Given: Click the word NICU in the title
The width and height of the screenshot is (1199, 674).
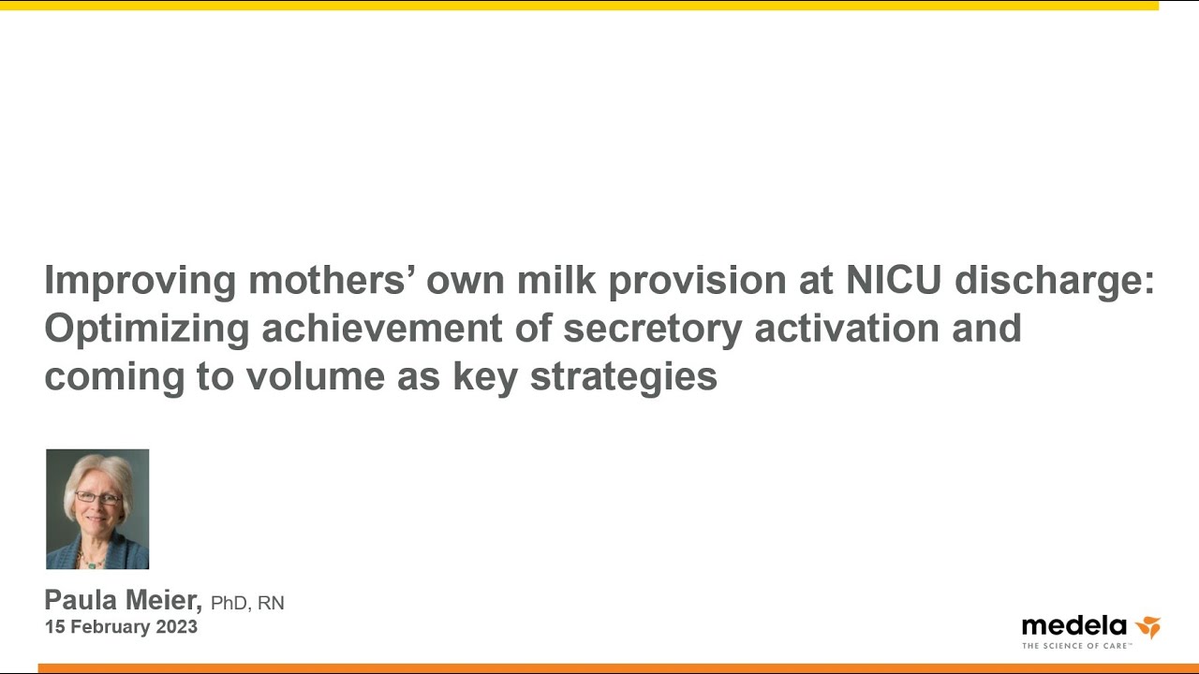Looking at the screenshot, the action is [894, 280].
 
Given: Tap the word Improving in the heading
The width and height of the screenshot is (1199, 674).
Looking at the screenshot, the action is [141, 283].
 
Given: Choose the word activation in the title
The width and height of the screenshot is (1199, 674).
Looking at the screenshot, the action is [847, 328].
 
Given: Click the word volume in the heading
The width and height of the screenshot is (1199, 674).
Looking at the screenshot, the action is [316, 376].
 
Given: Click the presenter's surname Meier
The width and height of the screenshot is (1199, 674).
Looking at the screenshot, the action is [163, 600].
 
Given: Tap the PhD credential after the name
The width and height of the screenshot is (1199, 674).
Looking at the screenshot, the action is [229, 604].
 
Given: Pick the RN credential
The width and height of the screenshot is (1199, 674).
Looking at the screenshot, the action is [271, 604].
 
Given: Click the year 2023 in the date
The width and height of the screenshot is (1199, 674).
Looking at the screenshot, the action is [177, 627].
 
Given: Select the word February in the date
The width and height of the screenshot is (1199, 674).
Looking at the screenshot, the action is [111, 627].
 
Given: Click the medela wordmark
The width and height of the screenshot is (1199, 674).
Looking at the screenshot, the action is [1074, 626].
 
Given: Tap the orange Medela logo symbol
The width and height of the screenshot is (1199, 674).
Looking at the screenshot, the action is [1148, 627].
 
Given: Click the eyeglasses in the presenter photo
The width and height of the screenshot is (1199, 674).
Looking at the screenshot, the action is [99, 499].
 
